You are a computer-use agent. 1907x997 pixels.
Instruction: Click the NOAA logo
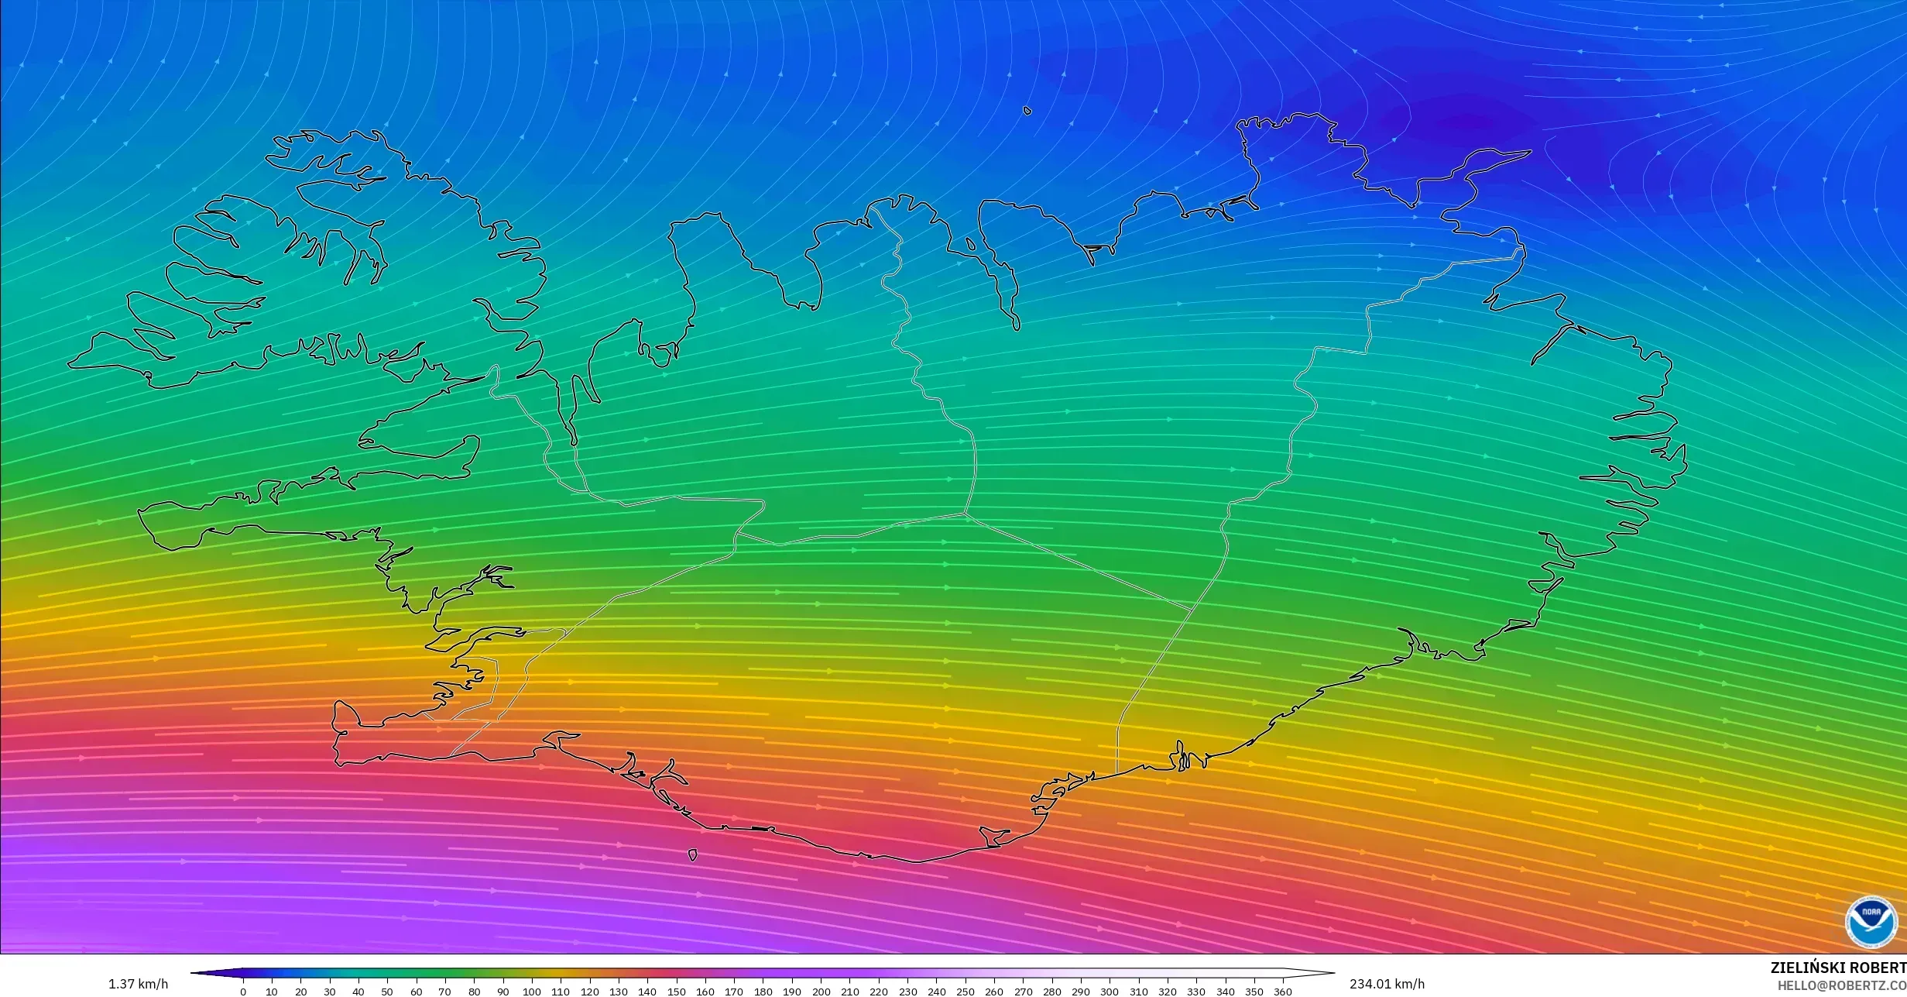pyautogui.click(x=1871, y=922)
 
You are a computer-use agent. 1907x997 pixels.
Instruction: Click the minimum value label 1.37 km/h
pyautogui.click(x=138, y=984)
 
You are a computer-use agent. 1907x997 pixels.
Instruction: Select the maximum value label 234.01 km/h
pyautogui.click(x=1387, y=984)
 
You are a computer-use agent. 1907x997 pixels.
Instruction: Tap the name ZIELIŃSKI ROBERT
pyautogui.click(x=1838, y=968)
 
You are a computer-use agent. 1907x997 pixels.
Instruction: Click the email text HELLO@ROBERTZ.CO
pyautogui.click(x=1841, y=985)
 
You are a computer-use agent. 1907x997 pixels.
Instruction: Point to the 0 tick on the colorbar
pyautogui.click(x=243, y=991)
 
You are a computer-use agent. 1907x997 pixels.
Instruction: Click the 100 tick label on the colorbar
pyautogui.click(x=531, y=992)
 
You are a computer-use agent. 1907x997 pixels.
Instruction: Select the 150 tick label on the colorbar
pyautogui.click(x=676, y=992)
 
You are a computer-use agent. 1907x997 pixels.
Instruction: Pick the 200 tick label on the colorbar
pyautogui.click(x=821, y=992)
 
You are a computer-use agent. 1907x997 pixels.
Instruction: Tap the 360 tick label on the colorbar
pyautogui.click(x=1283, y=992)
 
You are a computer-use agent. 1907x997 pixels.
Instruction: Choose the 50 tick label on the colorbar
pyautogui.click(x=387, y=992)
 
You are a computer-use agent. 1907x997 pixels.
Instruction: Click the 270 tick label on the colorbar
pyautogui.click(x=1023, y=992)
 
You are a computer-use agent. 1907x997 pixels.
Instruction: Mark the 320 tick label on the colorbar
pyautogui.click(x=1168, y=992)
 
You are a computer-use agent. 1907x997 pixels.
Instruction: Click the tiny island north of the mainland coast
pyautogui.click(x=1027, y=111)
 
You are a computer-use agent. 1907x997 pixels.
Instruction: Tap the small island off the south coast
pyautogui.click(x=692, y=855)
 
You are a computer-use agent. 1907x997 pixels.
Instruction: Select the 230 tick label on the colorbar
pyautogui.click(x=907, y=992)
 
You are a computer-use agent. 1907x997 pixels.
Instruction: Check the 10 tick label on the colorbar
pyautogui.click(x=272, y=992)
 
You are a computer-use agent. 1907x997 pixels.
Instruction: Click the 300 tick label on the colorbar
pyautogui.click(x=1110, y=992)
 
